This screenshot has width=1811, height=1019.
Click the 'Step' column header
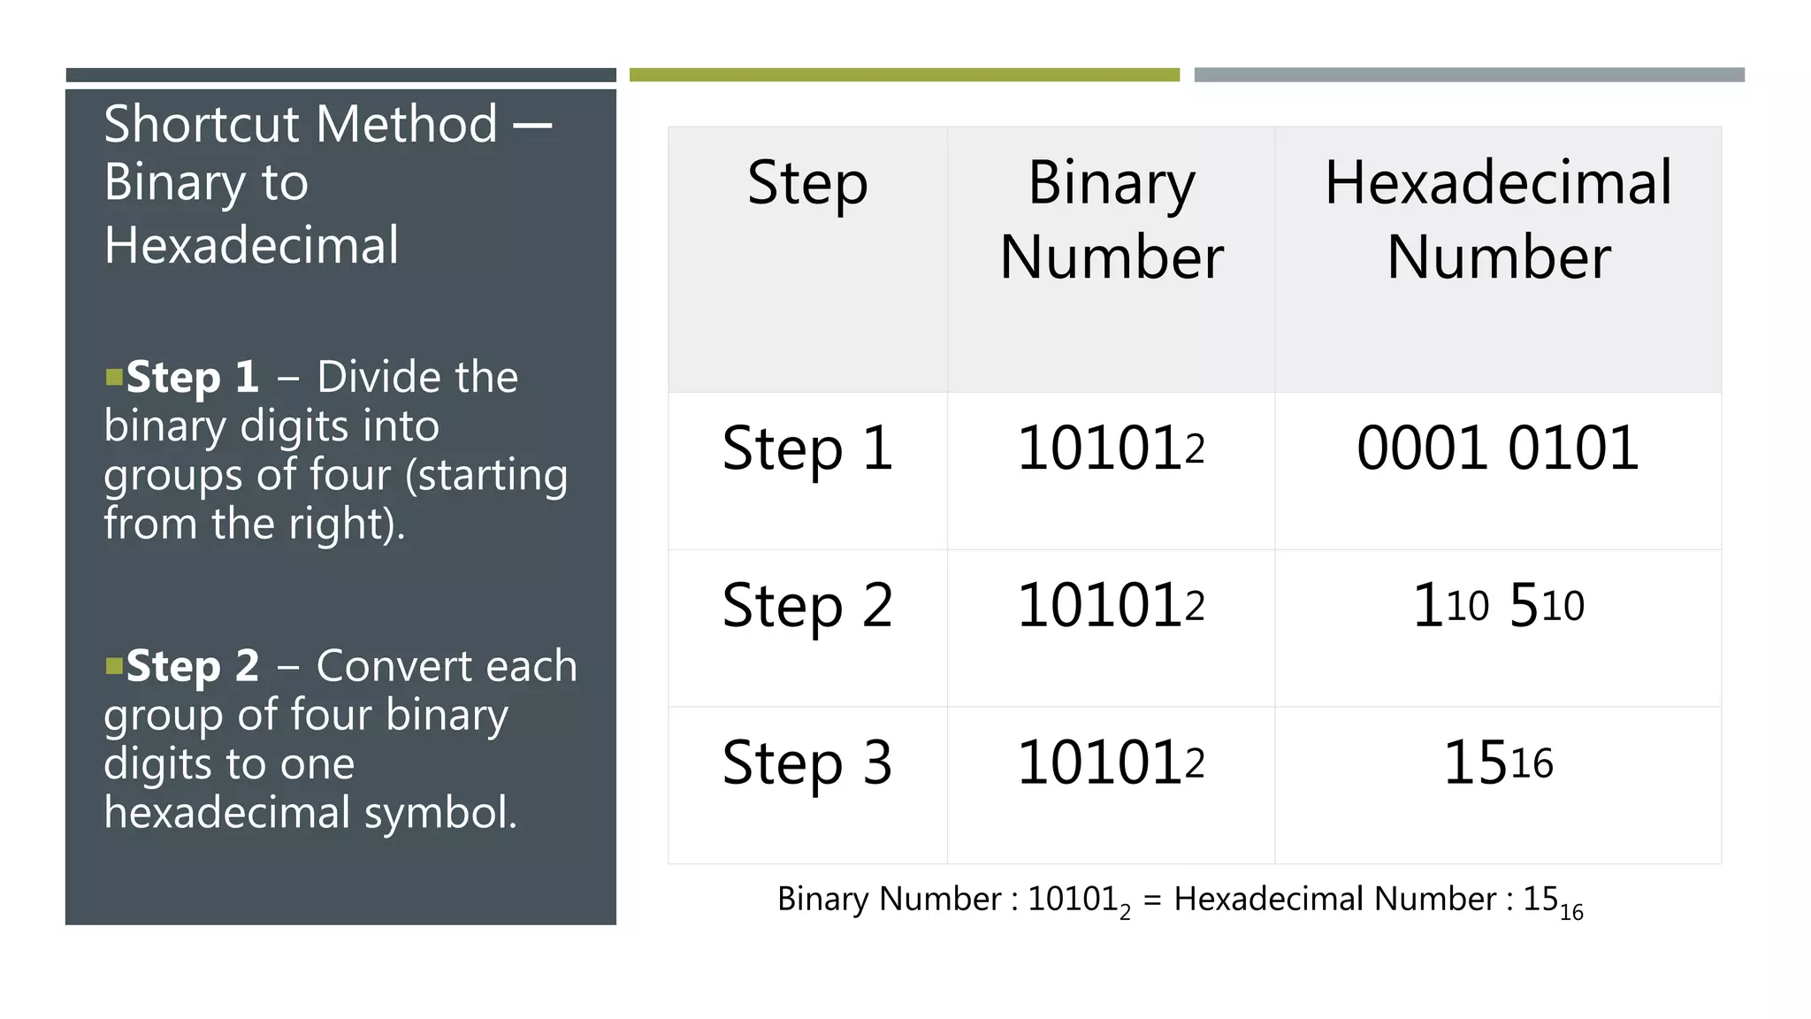click(807, 183)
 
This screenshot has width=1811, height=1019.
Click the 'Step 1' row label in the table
click(807, 448)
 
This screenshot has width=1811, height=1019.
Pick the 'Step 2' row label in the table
click(807, 606)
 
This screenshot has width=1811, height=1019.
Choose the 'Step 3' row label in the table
click(807, 762)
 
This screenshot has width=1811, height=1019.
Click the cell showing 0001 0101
click(1498, 448)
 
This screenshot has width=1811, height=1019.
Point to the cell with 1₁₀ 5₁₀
click(1498, 606)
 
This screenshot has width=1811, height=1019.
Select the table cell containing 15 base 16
click(1498, 762)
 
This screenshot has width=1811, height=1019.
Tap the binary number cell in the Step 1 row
click(1112, 448)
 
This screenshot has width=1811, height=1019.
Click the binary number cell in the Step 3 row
click(1112, 762)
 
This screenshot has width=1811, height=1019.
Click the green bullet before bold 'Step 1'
click(114, 379)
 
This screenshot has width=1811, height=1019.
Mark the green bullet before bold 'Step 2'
click(114, 666)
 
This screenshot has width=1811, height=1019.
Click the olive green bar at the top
click(904, 75)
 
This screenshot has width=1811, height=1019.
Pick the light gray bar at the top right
click(1469, 75)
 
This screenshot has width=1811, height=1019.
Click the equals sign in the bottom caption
click(1151, 900)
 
